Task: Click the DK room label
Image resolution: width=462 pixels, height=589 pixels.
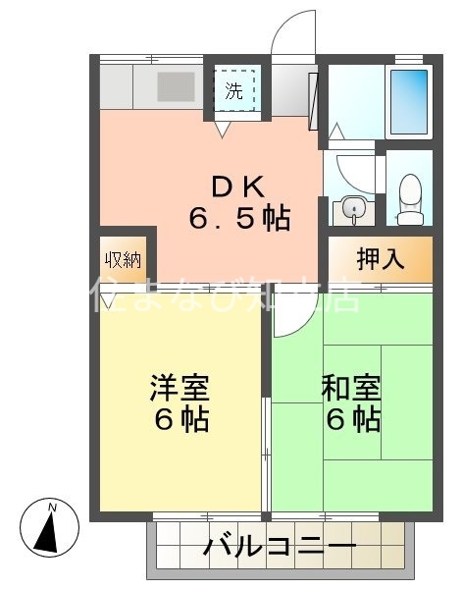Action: point(238,184)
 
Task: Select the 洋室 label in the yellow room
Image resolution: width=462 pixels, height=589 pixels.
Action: point(178,387)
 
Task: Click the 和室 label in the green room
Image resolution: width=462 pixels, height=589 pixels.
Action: point(350,387)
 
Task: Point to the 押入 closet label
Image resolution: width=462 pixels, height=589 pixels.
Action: point(380,260)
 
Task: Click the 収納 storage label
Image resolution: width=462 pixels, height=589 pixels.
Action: point(124,260)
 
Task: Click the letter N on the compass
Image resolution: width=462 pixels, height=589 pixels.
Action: point(55,508)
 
